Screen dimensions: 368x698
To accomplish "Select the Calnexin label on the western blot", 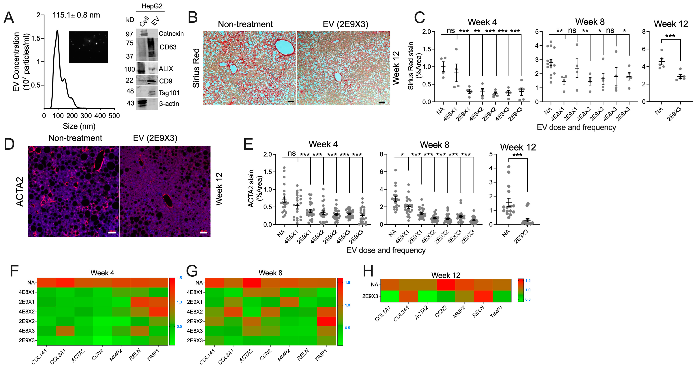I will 171,34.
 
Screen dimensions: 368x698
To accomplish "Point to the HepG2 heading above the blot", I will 152,6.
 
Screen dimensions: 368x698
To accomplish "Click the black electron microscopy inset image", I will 88,47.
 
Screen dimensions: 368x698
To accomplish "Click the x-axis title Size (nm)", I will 79,126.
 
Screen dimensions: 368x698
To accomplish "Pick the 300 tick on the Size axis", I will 86,116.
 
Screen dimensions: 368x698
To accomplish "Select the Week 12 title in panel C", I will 671,24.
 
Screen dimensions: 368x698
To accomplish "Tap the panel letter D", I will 9,144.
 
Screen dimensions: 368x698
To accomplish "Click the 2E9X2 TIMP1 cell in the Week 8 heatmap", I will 327,321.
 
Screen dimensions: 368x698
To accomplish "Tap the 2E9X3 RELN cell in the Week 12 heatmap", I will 483,296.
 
